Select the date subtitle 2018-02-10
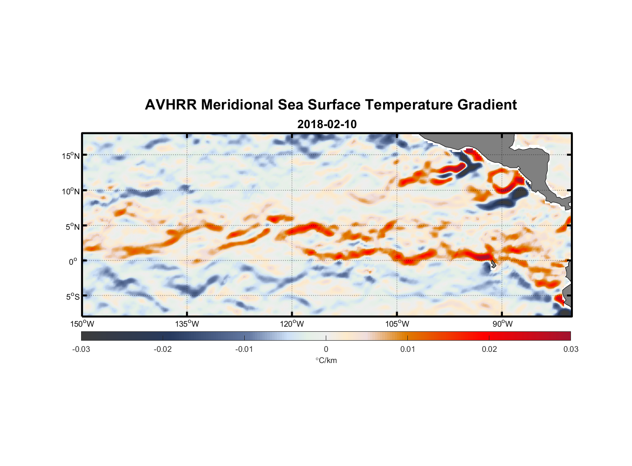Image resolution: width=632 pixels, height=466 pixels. click(x=327, y=124)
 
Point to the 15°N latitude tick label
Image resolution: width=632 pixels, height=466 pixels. click(x=71, y=156)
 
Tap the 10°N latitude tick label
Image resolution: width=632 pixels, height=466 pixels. click(x=71, y=191)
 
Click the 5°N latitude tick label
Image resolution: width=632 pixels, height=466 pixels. click(x=73, y=226)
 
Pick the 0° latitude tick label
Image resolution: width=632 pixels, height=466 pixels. click(x=73, y=262)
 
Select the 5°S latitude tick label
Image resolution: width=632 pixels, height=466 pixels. click(x=73, y=297)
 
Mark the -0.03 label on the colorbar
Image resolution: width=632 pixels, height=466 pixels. click(x=81, y=349)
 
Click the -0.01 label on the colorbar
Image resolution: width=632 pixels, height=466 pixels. click(x=244, y=349)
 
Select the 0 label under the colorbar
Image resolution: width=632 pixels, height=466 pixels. click(x=326, y=349)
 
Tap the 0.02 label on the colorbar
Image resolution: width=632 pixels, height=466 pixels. click(x=489, y=349)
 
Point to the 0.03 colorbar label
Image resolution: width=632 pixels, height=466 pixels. click(x=570, y=349)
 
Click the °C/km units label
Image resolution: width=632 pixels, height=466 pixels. click(x=326, y=360)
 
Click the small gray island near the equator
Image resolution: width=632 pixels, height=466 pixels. click(x=493, y=264)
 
